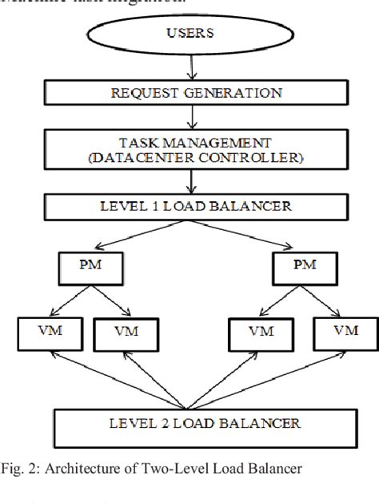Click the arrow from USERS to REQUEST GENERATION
(192, 67)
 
